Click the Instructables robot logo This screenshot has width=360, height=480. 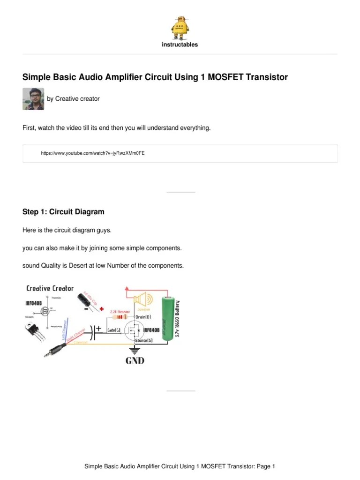(x=180, y=27)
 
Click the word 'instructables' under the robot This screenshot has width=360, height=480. (x=180, y=45)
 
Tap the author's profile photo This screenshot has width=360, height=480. (x=33, y=99)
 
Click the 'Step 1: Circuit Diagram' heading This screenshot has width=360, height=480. (x=63, y=212)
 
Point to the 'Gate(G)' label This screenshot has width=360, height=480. (x=115, y=330)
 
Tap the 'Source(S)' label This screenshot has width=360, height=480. (x=143, y=341)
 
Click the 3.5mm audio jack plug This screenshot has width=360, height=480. (x=52, y=349)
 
